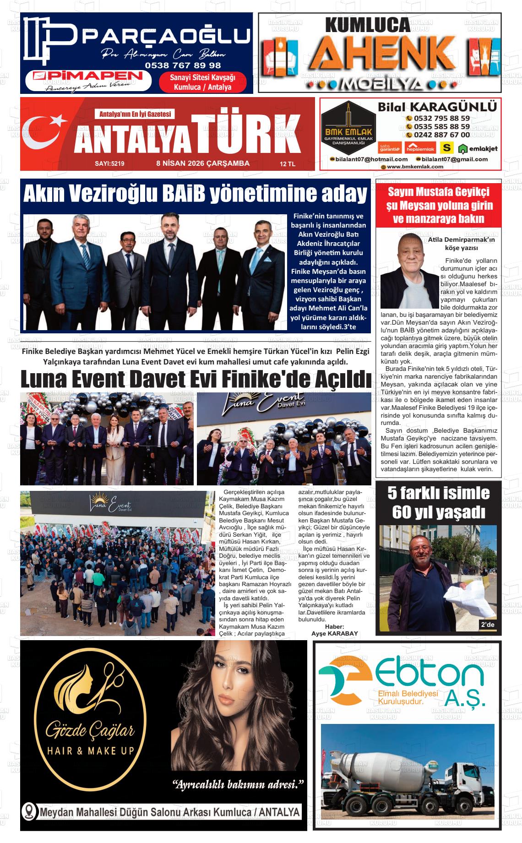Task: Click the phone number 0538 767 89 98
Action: coord(183,65)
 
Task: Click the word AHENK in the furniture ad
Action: coord(380,54)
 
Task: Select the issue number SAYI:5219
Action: coord(109,163)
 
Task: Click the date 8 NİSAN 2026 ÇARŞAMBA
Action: coord(203,163)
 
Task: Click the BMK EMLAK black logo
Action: coord(348,124)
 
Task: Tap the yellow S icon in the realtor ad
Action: coord(446,147)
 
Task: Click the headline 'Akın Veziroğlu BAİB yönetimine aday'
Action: coord(195,194)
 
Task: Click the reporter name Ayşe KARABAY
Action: coord(334,633)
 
